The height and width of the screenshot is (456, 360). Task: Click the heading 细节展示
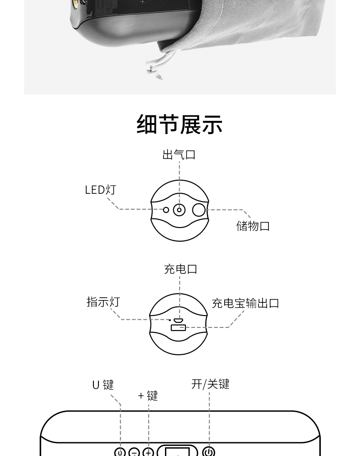coord(180,124)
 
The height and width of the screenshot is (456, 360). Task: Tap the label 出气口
coord(179,155)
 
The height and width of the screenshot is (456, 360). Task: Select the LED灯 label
coord(101,190)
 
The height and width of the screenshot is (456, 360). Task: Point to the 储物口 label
coord(253,226)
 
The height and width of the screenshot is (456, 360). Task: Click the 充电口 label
coord(180,269)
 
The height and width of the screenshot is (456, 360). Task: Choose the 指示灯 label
coord(103,302)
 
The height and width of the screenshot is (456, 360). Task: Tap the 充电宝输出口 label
coord(245,303)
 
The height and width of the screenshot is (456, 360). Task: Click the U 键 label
coord(103,385)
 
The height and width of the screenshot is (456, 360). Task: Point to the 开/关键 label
coord(210,384)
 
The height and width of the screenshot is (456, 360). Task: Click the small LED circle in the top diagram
coord(166,210)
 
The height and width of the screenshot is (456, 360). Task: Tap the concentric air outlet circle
coord(180,210)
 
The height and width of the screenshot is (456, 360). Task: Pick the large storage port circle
coord(199,210)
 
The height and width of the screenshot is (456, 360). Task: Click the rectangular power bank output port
coord(178,327)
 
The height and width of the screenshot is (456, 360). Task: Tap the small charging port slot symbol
coord(179,320)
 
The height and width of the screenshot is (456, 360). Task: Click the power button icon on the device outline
coord(209,452)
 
